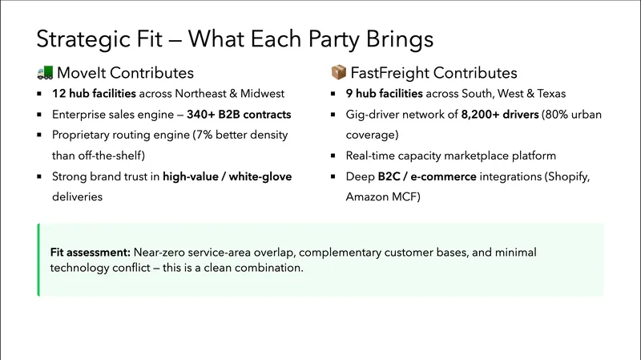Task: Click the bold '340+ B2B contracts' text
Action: (x=239, y=115)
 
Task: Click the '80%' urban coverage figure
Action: (x=556, y=115)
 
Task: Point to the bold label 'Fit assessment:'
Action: (x=90, y=252)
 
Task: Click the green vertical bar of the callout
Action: (x=38, y=260)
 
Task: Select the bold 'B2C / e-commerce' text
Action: (x=428, y=176)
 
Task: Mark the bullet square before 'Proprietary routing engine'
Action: (x=39, y=136)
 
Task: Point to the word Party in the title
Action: (x=316, y=38)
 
